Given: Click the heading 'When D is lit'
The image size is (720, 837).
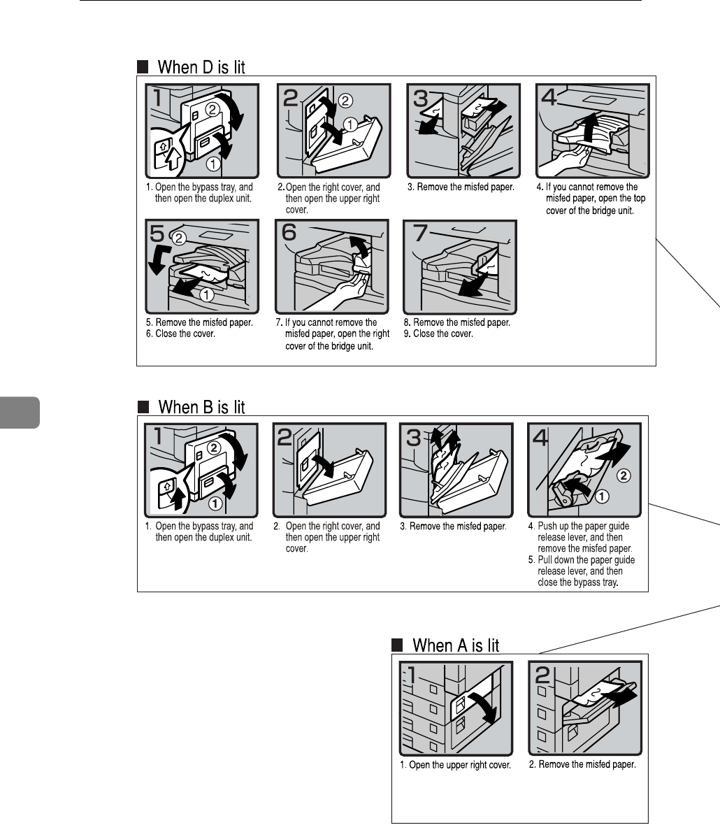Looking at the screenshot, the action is pos(201,67).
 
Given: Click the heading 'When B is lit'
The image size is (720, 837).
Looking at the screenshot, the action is pos(201,407).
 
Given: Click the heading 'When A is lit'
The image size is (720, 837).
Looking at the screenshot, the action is pos(456,645).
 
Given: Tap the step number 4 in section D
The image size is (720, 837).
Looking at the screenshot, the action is pos(549,98).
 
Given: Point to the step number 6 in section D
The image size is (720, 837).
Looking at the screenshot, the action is pos(289,234).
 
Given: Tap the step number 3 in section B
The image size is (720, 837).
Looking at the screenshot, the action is pos(413,438).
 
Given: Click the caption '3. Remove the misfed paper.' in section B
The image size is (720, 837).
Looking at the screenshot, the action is pos(453,527).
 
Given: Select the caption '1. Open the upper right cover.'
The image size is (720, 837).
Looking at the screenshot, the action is pos(455,765).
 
